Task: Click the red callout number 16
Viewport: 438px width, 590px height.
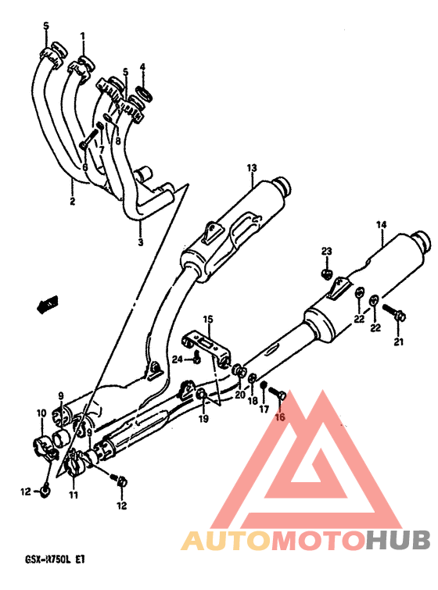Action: tap(281, 417)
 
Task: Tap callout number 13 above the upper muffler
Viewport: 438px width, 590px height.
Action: tap(252, 168)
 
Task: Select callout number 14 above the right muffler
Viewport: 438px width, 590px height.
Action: tap(381, 224)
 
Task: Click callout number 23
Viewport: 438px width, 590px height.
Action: tap(326, 251)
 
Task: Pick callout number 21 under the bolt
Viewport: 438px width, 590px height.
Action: tap(398, 341)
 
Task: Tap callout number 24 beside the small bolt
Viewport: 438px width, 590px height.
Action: tap(178, 359)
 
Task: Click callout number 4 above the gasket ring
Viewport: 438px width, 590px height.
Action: tap(142, 67)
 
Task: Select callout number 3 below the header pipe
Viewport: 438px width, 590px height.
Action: tap(141, 241)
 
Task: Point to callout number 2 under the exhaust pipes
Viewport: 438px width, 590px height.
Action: tap(72, 201)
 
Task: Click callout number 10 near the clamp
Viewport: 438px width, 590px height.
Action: tap(41, 413)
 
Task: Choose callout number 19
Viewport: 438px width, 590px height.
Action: tap(203, 418)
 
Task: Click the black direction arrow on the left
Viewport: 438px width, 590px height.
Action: tap(48, 303)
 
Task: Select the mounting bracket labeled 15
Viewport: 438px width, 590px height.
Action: tap(207, 346)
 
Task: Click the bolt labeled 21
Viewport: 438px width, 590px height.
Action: tap(393, 313)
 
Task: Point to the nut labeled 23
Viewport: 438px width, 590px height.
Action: tap(326, 274)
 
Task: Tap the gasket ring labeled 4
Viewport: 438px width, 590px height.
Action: tap(145, 93)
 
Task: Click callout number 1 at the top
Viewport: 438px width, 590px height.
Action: tap(82, 37)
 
